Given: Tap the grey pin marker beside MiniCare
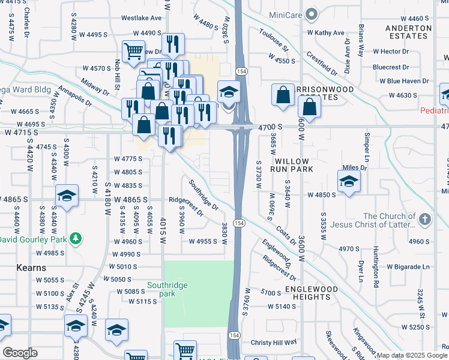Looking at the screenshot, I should (x=310, y=13).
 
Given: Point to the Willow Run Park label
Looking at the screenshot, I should (x=292, y=166).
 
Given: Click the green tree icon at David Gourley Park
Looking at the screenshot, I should (x=76, y=239).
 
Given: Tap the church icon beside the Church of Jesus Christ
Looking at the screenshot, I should (x=425, y=220).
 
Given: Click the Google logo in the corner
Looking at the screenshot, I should (x=20, y=353).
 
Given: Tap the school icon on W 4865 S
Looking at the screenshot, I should (x=67, y=196).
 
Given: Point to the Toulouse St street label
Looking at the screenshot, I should (x=274, y=40).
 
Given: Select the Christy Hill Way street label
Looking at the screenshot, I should (x=274, y=343).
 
